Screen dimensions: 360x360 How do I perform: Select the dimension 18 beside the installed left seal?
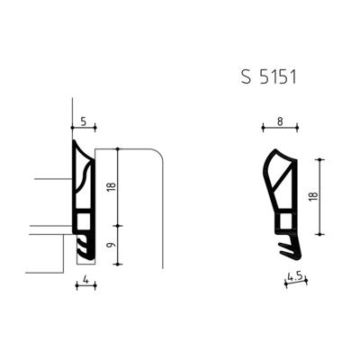(x=109, y=186)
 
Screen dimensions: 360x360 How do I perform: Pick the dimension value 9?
(x=109, y=244)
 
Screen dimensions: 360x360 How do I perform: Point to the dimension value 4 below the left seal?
(x=84, y=281)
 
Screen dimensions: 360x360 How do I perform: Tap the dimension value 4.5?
(x=293, y=276)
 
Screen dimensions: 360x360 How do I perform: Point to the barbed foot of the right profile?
(x=290, y=246)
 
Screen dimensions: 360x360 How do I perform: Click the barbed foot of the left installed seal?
(x=84, y=243)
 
